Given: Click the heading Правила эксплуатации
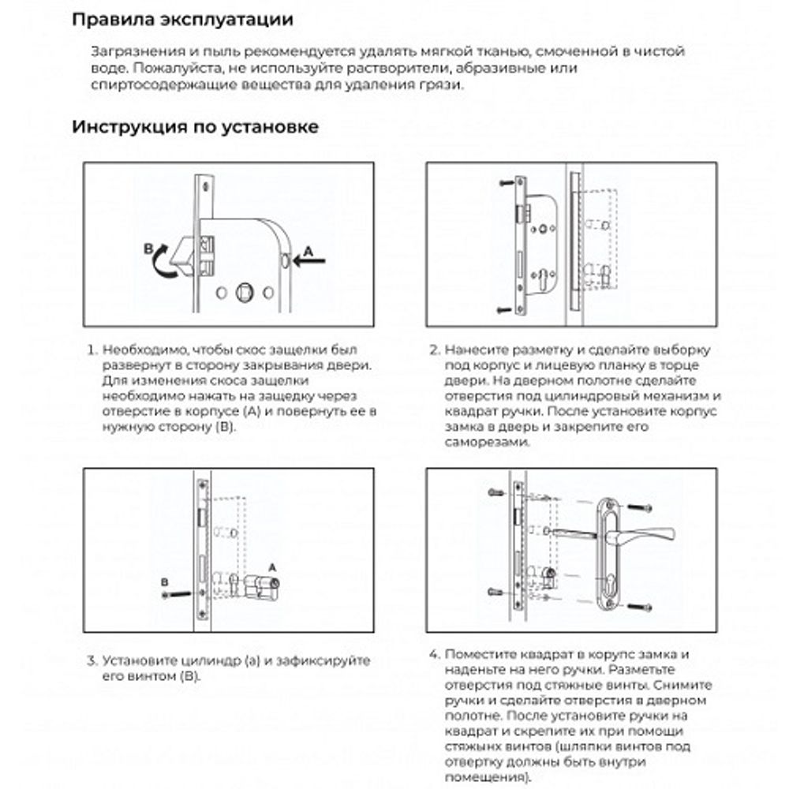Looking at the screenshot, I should (x=182, y=20).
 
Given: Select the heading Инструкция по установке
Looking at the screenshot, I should (x=196, y=126).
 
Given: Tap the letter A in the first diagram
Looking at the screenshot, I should (x=308, y=249).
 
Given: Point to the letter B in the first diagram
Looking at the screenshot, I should (x=148, y=249).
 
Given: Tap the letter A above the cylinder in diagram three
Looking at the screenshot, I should (x=272, y=567).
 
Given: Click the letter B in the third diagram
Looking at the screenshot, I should (x=164, y=582).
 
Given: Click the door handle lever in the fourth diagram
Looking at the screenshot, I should (x=647, y=537).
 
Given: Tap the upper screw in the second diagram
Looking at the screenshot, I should (x=505, y=183).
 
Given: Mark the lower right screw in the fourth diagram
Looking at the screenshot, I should (x=641, y=606).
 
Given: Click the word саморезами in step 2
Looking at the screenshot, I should (x=483, y=443).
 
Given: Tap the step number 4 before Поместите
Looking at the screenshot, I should (x=433, y=655).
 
